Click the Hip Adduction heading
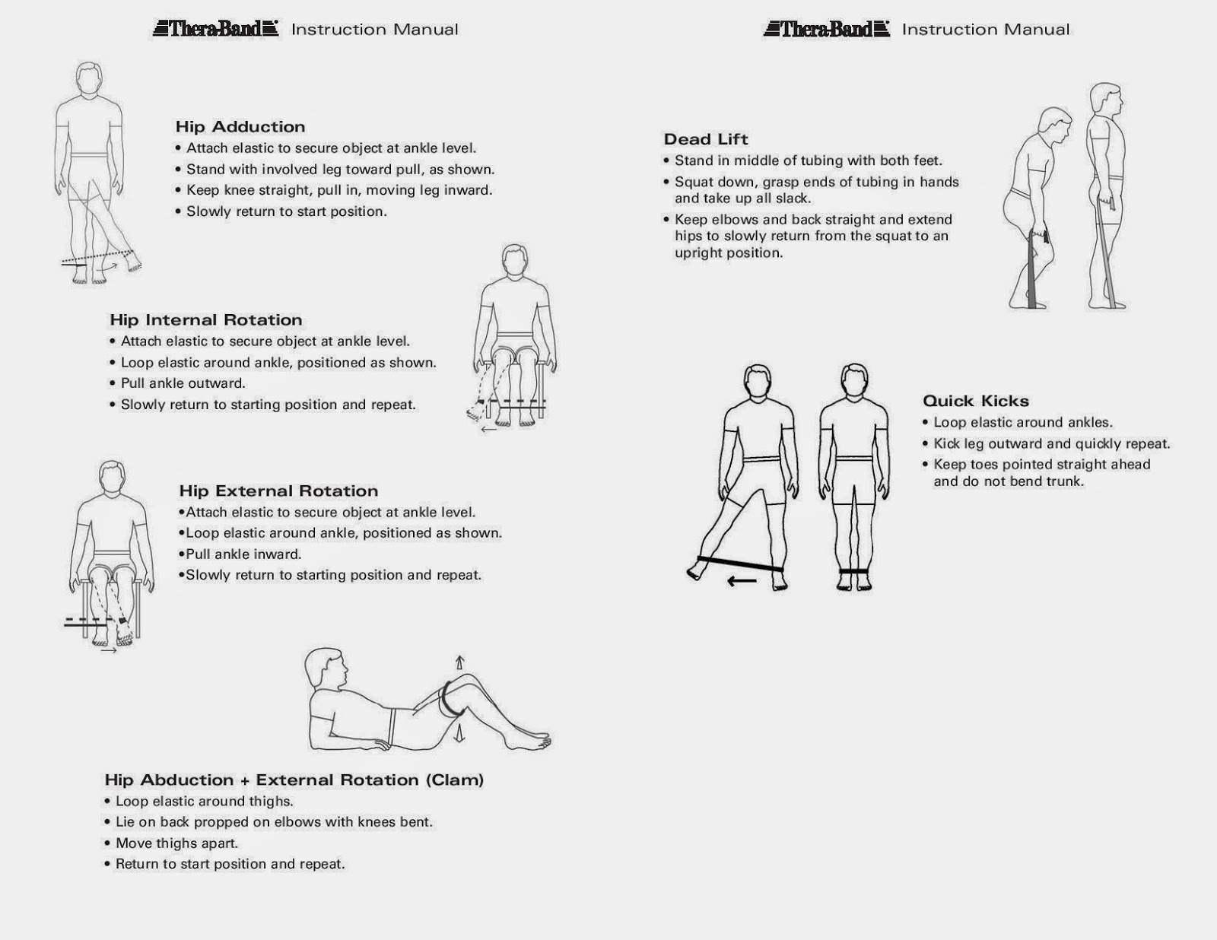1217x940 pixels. pyautogui.click(x=240, y=127)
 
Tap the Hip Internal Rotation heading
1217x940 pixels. pyautogui.click(x=206, y=320)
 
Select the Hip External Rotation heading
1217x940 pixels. pyautogui.click(x=278, y=491)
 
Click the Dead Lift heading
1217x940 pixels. pyautogui.click(x=706, y=139)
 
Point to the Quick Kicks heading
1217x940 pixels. pyautogui.click(x=976, y=401)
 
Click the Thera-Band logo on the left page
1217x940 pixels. pyautogui.click(x=216, y=29)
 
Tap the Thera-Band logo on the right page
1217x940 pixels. pyautogui.click(x=827, y=29)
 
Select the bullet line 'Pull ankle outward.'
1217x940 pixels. pyautogui.click(x=183, y=383)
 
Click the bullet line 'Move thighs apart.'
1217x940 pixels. pyautogui.click(x=176, y=843)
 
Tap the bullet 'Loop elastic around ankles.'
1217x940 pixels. pyautogui.click(x=1022, y=423)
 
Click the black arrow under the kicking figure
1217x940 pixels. pyautogui.click(x=741, y=582)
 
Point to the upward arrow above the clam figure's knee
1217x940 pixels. pyautogui.click(x=459, y=662)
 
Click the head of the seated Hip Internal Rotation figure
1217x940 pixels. pyautogui.click(x=515, y=262)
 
